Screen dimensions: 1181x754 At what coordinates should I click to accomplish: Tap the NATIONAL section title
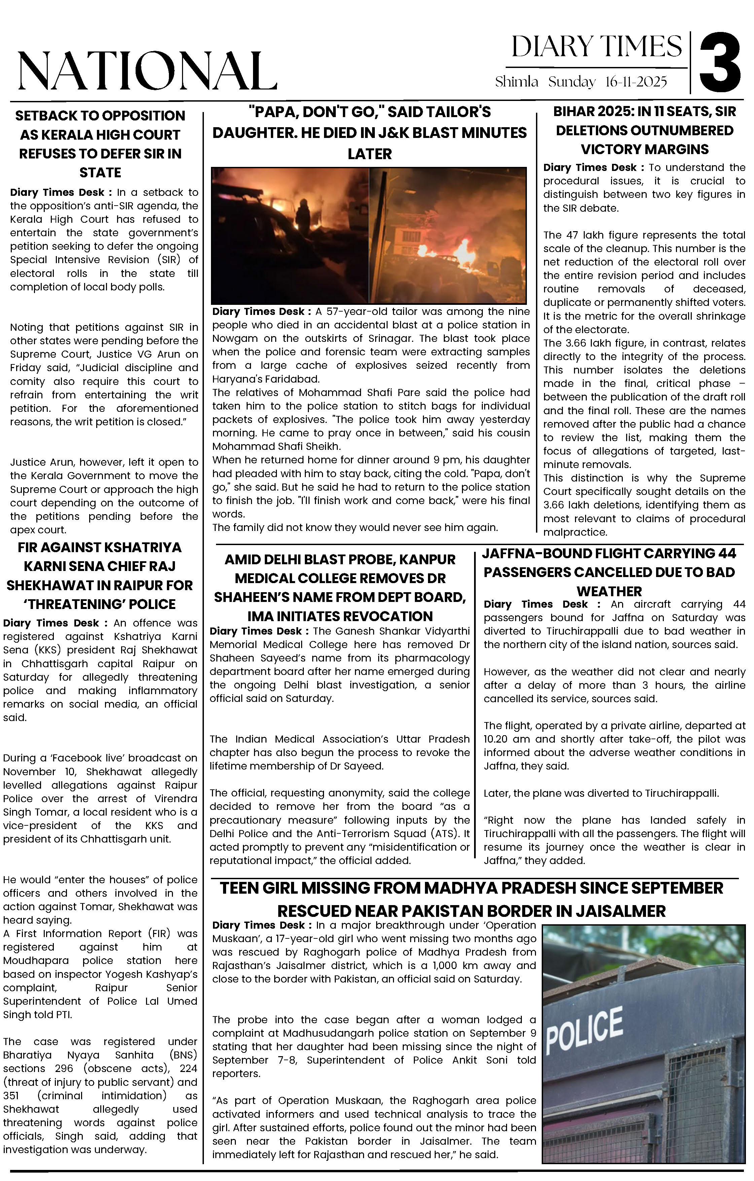(x=147, y=71)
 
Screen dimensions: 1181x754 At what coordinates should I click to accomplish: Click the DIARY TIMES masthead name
(x=596, y=47)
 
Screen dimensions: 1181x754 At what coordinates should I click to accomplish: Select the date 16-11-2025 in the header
(x=636, y=82)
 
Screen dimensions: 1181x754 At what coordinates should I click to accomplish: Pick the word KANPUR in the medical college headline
(x=426, y=560)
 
